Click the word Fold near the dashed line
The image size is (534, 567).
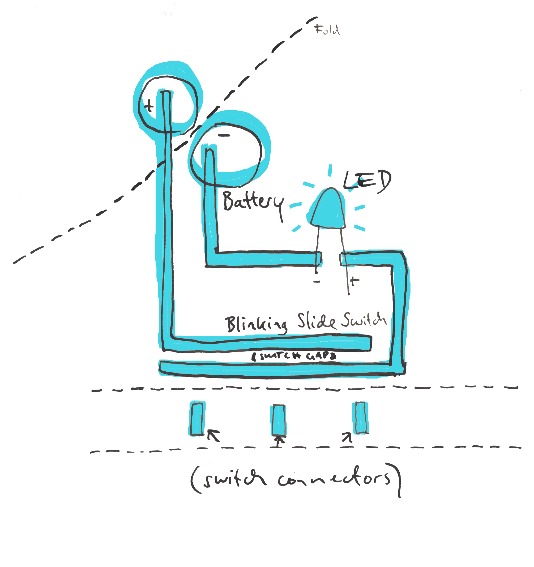[x=327, y=30]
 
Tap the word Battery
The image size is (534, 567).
[x=253, y=202]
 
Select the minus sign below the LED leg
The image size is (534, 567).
[x=317, y=282]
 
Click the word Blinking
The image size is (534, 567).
[x=256, y=325]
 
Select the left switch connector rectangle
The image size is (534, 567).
[x=197, y=419]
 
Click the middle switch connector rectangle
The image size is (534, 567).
[x=278, y=420]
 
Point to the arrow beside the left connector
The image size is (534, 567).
[x=214, y=436]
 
